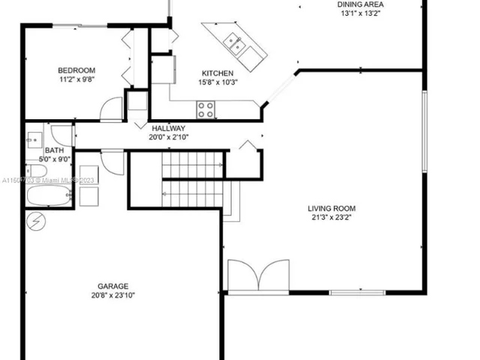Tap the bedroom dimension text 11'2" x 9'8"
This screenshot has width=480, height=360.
click(x=76, y=79)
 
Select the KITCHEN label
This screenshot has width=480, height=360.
click(x=212, y=73)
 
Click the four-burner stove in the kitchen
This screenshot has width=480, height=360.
click(x=205, y=109)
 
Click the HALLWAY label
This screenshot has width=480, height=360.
click(x=168, y=128)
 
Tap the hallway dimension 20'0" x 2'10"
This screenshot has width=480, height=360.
click(x=168, y=136)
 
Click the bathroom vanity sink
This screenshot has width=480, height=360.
click(x=34, y=139)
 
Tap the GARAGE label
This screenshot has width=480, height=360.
click(x=112, y=286)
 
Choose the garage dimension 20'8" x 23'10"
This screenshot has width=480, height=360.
click(x=112, y=295)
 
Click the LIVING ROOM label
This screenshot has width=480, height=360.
click(x=331, y=208)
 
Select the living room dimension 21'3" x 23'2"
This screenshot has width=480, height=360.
click(x=331, y=217)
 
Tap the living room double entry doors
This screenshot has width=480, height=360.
click(x=258, y=275)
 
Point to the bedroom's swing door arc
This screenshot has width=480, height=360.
click(x=111, y=109)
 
